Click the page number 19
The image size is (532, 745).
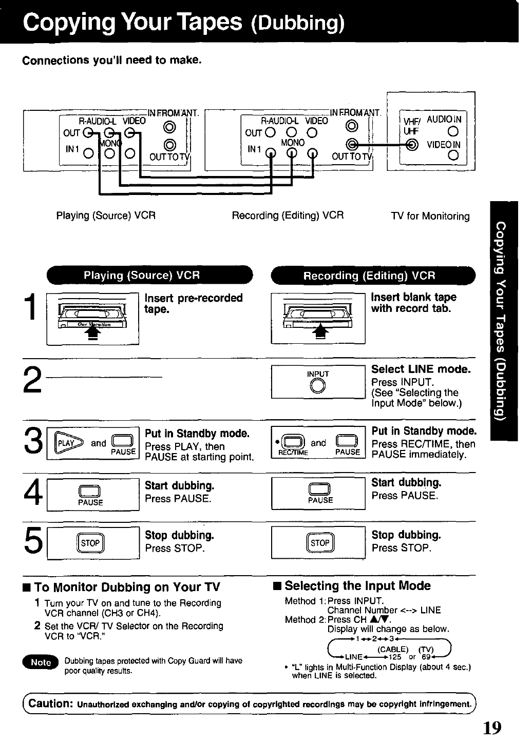point(492,728)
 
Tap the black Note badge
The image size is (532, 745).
point(41,662)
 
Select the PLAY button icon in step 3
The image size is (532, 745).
point(66,443)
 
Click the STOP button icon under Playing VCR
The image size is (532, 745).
point(90,543)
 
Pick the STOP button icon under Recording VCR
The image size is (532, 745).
point(320,543)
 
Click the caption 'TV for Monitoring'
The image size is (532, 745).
point(430,216)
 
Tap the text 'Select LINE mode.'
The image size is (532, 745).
point(421,369)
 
